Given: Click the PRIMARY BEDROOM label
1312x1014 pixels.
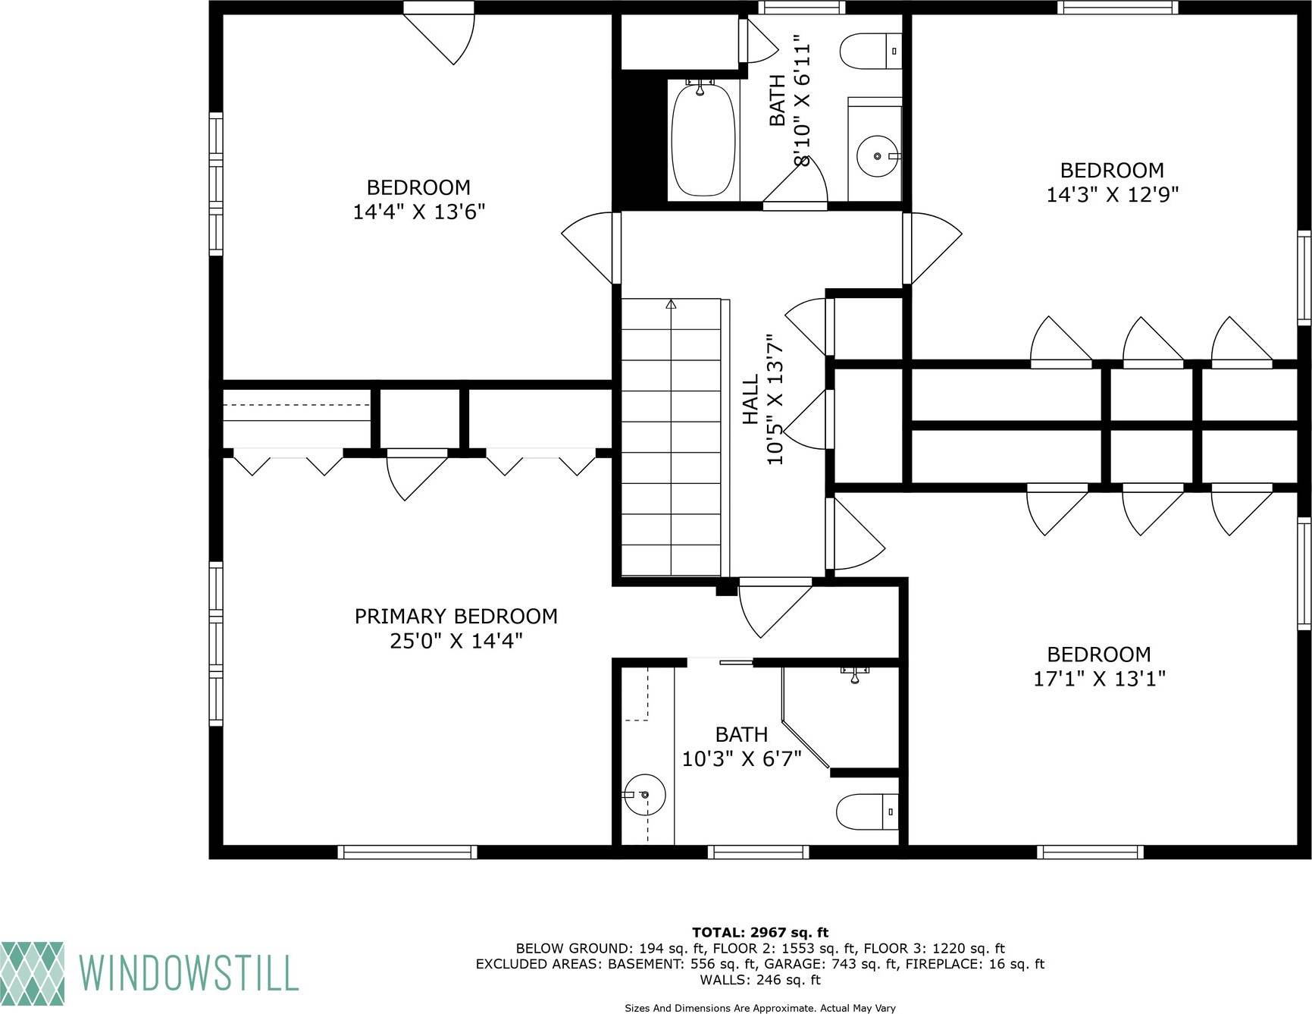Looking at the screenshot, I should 456,617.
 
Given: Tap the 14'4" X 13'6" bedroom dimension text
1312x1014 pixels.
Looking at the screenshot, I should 418,212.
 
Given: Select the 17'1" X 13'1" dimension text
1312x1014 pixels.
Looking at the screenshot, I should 1099,679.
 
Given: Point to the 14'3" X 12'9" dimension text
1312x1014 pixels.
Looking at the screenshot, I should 1112,195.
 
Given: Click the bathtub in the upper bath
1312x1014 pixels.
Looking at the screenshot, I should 703,140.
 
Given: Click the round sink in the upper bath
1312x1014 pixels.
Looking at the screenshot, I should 878,156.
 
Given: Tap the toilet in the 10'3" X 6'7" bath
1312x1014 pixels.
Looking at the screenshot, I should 867,812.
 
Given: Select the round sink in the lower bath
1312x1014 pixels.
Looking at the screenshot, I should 644,795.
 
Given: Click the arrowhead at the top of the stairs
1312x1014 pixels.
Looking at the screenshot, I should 671,304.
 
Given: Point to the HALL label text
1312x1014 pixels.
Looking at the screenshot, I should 750,400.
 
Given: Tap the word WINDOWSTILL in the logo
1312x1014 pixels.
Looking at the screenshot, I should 188,973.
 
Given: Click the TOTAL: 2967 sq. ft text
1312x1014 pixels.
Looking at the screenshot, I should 759,933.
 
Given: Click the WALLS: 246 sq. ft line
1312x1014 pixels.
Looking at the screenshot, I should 759,980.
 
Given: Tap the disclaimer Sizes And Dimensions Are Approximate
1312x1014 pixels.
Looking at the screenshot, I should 759,1008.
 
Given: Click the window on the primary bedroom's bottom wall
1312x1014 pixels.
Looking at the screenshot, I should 407,852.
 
